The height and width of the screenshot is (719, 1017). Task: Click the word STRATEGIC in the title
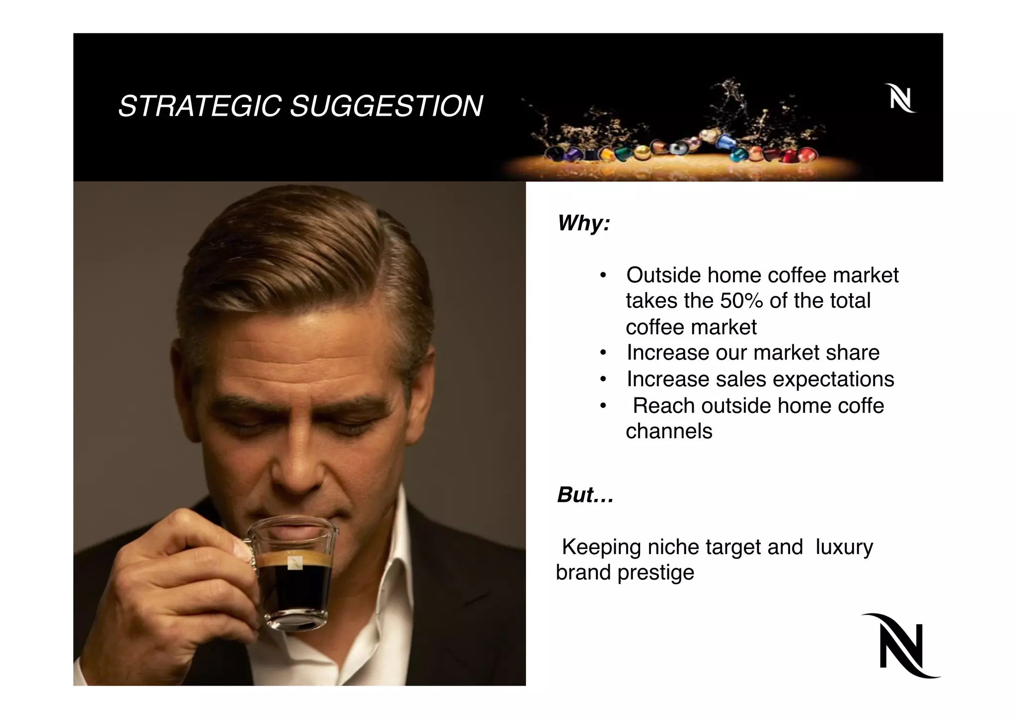[200, 106]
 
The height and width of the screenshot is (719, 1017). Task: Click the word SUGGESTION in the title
[386, 106]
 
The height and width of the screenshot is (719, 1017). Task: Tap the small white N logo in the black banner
[900, 98]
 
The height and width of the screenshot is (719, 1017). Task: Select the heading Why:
[583, 223]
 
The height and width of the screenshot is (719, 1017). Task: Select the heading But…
[585, 495]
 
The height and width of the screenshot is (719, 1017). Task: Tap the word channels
[668, 431]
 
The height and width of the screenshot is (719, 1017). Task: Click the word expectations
[833, 379]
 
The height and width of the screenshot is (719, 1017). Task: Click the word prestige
[655, 573]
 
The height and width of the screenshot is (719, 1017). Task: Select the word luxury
[844, 547]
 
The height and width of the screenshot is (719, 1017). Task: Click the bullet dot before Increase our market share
[603, 353]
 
